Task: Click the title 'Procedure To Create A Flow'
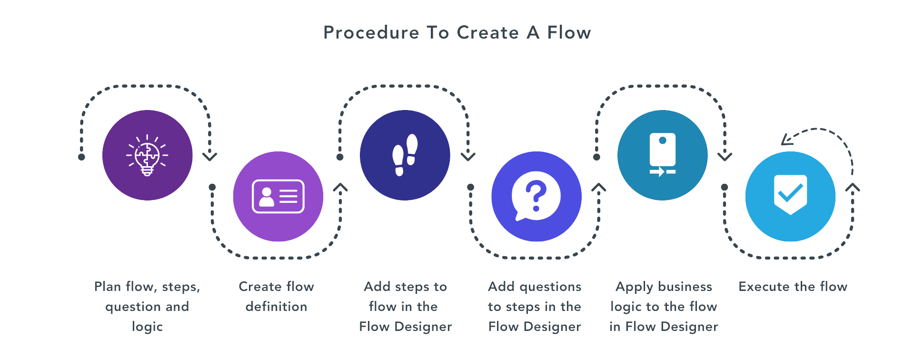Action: [457, 33]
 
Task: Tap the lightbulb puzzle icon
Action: [147, 155]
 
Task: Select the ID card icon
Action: [278, 196]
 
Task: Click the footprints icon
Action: [405, 155]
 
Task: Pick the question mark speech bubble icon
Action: [536, 196]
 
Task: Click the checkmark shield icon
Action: [790, 195]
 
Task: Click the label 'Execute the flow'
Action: [793, 287]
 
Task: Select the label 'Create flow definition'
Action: [276, 296]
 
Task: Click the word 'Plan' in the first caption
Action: [107, 287]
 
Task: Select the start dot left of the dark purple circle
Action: [81, 157]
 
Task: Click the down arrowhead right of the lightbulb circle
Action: [209, 156]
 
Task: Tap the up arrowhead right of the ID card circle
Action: [340, 188]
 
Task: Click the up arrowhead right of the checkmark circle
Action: [853, 188]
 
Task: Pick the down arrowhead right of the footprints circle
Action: [468, 156]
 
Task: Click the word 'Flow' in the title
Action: [569, 33]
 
